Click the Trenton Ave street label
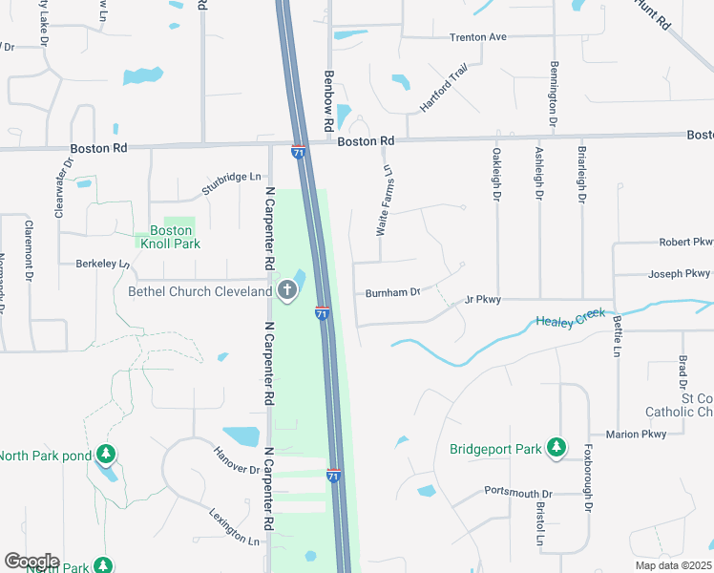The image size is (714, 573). click(x=477, y=37)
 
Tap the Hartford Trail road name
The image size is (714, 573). click(x=445, y=89)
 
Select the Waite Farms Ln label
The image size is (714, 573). click(x=384, y=201)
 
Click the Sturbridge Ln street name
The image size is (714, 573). click(x=231, y=177)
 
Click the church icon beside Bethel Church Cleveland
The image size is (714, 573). click(x=287, y=290)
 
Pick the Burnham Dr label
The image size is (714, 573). click(x=392, y=292)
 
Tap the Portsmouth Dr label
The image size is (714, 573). click(x=519, y=491)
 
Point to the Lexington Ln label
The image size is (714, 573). click(x=234, y=526)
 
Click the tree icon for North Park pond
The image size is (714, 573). click(x=107, y=453)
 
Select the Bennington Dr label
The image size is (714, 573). click(x=553, y=95)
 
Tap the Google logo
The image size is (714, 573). click(x=31, y=562)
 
